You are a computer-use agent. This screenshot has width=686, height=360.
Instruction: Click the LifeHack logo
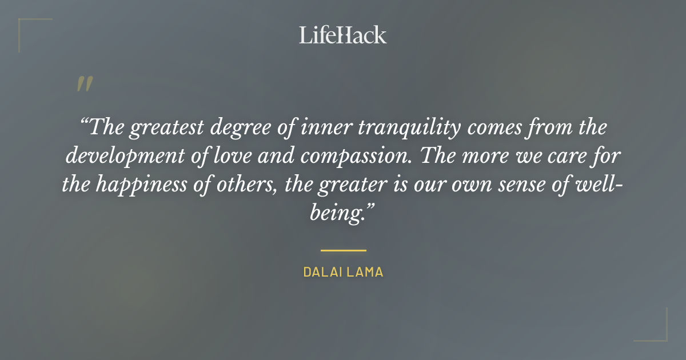coord(343,35)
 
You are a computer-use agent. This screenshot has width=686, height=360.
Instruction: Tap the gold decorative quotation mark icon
coord(85,84)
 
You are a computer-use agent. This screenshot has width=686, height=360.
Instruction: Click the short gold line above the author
coord(343,250)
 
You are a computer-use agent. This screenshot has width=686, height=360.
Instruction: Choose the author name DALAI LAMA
coord(343,273)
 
